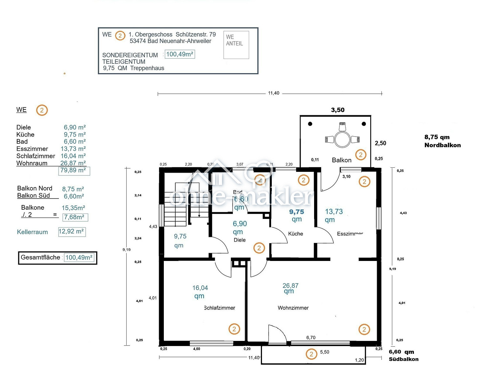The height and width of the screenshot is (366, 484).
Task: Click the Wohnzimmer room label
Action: pyautogui.click(x=293, y=308)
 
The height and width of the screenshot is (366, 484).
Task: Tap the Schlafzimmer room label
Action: pyautogui.click(x=219, y=308)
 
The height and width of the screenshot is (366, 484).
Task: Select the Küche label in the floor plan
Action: pyautogui.click(x=295, y=233)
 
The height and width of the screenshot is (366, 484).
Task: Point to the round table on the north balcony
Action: pyautogui.click(x=342, y=139)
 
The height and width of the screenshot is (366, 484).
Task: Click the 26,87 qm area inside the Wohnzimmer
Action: pyautogui.click(x=290, y=288)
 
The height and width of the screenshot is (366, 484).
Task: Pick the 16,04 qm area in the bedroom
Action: pyautogui.click(x=200, y=291)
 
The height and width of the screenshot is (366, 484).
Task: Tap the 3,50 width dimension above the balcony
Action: pyautogui.click(x=337, y=110)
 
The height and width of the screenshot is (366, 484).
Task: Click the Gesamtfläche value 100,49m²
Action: pyautogui.click(x=79, y=258)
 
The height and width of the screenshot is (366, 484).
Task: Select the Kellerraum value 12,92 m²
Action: pyautogui.click(x=71, y=231)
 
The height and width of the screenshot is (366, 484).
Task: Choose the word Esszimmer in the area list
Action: pyautogui.click(x=32, y=149)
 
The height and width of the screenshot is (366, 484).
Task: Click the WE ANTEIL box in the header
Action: pyautogui.click(x=236, y=45)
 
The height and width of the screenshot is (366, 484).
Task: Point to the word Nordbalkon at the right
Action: pyautogui.click(x=442, y=145)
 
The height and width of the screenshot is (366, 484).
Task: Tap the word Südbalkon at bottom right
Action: pyautogui.click(x=403, y=359)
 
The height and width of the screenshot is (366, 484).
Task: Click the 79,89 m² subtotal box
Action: pyautogui.click(x=74, y=170)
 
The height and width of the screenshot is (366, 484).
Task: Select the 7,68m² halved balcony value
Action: pyautogui.click(x=75, y=217)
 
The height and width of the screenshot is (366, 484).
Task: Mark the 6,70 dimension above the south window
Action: pyautogui.click(x=311, y=338)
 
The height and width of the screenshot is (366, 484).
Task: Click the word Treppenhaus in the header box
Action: pyautogui.click(x=147, y=68)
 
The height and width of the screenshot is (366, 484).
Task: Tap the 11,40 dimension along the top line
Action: pyautogui.click(x=273, y=93)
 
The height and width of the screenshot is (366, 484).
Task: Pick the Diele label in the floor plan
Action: pyautogui.click(x=240, y=240)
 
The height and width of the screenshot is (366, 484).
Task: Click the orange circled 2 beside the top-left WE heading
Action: pyautogui.click(x=42, y=110)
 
